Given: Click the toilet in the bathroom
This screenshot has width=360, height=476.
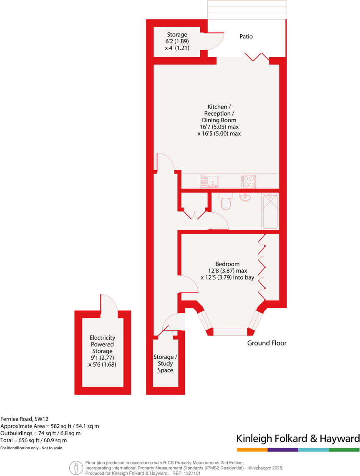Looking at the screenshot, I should tap(226, 202).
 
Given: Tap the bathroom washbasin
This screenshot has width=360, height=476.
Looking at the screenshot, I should tap(246, 196).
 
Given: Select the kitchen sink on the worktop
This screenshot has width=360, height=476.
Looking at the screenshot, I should tap(209, 181).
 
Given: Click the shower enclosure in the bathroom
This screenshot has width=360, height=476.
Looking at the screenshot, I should tap(270, 211).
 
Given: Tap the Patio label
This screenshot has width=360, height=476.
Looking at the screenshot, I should tap(246, 37).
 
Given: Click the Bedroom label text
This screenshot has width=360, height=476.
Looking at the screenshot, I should tap(227, 264).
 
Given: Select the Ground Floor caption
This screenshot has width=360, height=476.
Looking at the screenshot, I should tap(267, 343).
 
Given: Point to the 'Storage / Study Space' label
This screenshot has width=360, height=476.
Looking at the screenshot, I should tap(165, 363).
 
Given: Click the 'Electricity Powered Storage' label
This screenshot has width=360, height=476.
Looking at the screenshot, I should tap(102, 351).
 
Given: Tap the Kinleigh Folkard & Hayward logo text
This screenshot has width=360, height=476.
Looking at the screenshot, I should tap(298, 438).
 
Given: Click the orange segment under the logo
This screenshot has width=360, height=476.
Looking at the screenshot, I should tap(252, 450).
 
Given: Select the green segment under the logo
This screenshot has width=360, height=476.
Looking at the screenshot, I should tap(344, 450).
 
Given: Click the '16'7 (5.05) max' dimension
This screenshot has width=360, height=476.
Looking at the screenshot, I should tap(219, 127).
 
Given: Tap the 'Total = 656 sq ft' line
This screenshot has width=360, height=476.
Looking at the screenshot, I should tap(34, 440).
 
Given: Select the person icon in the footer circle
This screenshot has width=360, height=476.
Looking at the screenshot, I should tap(76, 468).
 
